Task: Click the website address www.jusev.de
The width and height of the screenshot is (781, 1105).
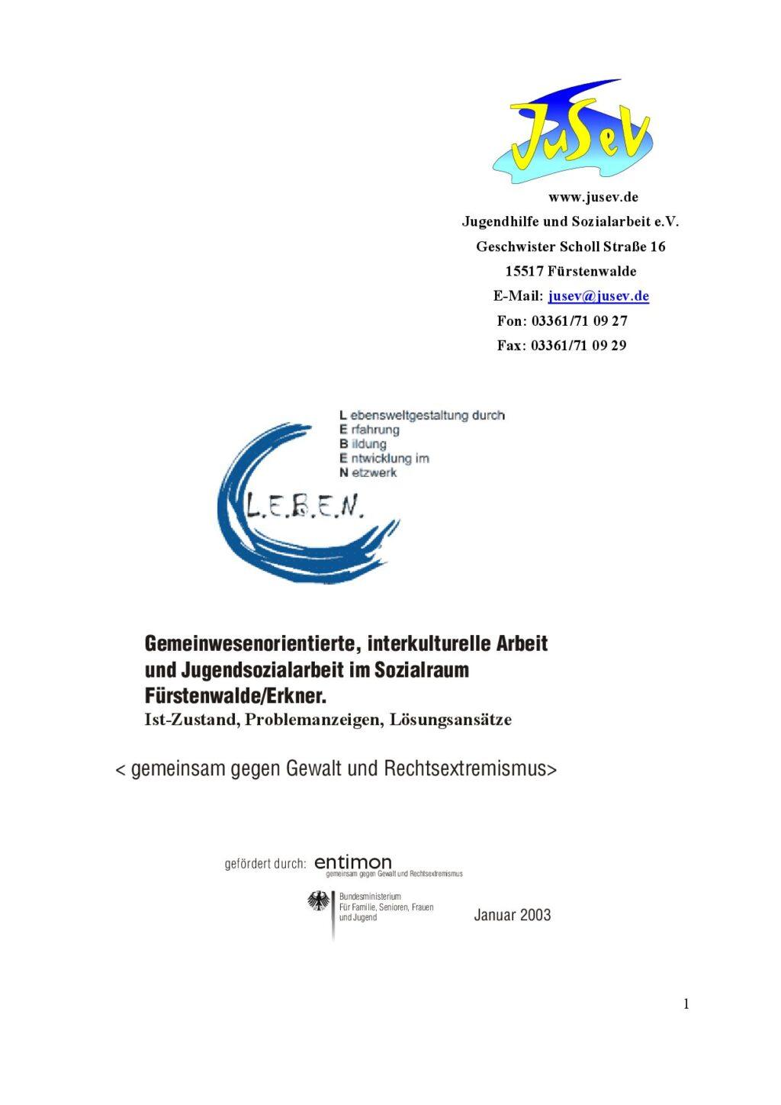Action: (593, 197)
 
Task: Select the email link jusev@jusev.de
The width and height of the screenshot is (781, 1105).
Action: (598, 296)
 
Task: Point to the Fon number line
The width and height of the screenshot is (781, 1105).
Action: (562, 321)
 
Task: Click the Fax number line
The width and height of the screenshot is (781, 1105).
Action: (561, 345)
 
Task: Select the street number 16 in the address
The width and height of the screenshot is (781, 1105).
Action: (657, 246)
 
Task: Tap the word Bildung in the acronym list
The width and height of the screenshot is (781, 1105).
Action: (368, 444)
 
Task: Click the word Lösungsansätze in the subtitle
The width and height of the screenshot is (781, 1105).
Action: (451, 719)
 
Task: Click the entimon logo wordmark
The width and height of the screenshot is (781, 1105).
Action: (353, 862)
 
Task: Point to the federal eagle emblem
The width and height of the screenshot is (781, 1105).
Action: (319, 902)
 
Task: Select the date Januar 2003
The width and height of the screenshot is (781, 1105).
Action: (512, 915)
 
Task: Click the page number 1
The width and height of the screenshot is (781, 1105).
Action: (686, 1004)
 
